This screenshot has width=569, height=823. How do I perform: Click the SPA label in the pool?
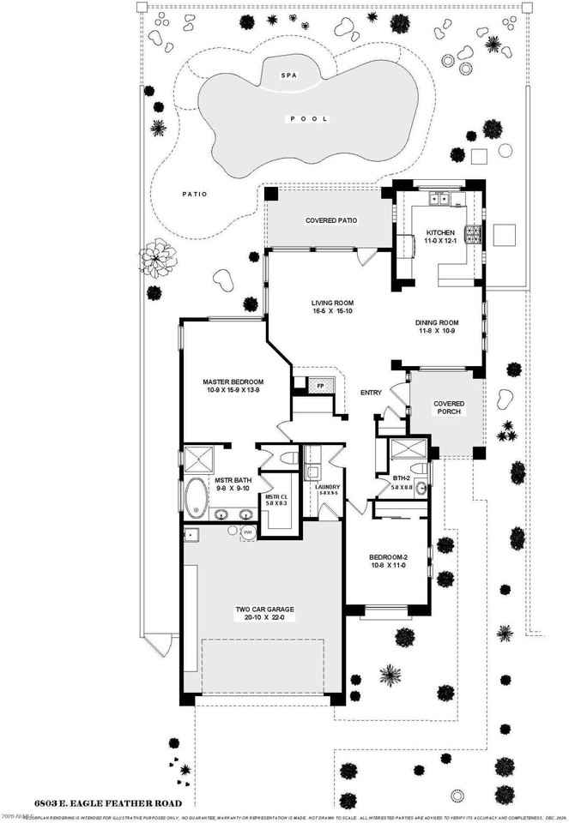pyautogui.click(x=288, y=76)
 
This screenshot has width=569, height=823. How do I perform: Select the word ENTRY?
pyautogui.click(x=371, y=393)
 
